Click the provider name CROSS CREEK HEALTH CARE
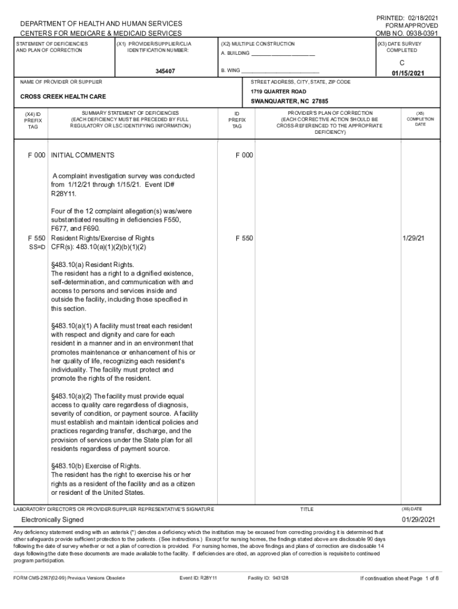(63, 96)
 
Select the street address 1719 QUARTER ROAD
(278, 92)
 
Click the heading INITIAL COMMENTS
(83, 155)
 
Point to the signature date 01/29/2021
(419, 520)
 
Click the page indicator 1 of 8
(429, 577)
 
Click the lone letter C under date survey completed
(402, 62)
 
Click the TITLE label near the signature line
(306, 509)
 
